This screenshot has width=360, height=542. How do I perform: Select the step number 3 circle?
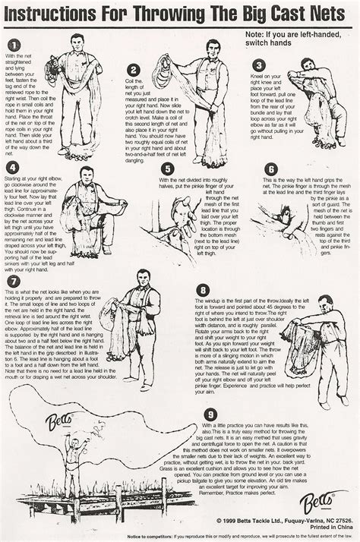coord(259,66)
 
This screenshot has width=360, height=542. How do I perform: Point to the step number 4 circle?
coord(11,167)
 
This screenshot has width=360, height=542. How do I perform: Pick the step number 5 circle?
coord(168,169)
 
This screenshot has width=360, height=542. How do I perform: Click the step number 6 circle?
coord(271,169)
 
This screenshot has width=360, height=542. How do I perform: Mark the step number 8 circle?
coord(202,290)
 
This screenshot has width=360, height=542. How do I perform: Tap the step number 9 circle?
coord(210,413)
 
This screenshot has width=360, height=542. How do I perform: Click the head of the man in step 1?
coord(75,39)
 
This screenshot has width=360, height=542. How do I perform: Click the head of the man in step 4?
coord(87,172)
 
